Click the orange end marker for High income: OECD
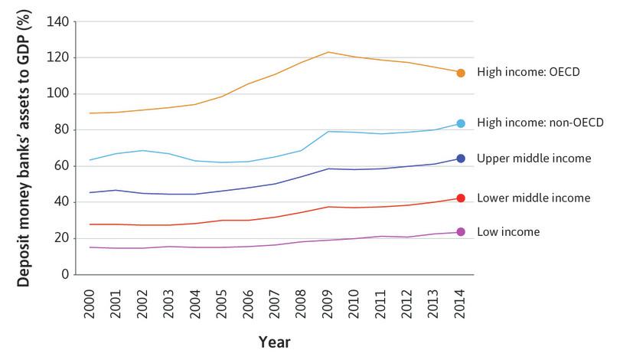pyautogui.click(x=461, y=73)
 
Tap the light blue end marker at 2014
pyautogui.click(x=461, y=123)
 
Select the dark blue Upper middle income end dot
pyautogui.click(x=461, y=159)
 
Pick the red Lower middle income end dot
pyautogui.click(x=461, y=198)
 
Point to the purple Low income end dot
pyautogui.click(x=461, y=232)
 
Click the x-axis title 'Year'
pyautogui.click(x=274, y=340)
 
